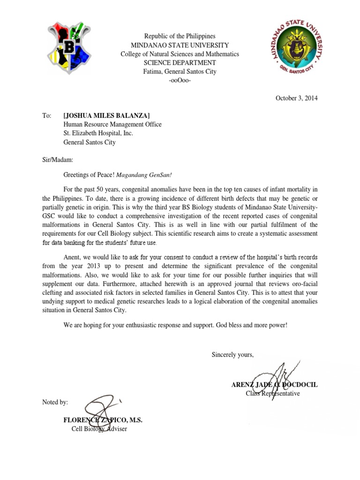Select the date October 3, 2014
[x=296, y=98]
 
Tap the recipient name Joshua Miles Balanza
[x=106, y=116]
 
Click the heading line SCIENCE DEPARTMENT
[x=180, y=63]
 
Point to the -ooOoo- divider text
[x=180, y=81]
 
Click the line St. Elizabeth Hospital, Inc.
[x=98, y=133]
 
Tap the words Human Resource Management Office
[x=112, y=125]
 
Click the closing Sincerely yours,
[x=232, y=354]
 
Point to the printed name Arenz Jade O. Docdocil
[x=274, y=384]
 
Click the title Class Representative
[x=273, y=393]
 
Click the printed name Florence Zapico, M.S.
[x=103, y=420]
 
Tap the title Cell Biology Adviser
[x=99, y=428]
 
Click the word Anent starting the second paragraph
[x=73, y=257]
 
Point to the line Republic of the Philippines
[x=180, y=36]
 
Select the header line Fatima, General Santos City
[x=180, y=72]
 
